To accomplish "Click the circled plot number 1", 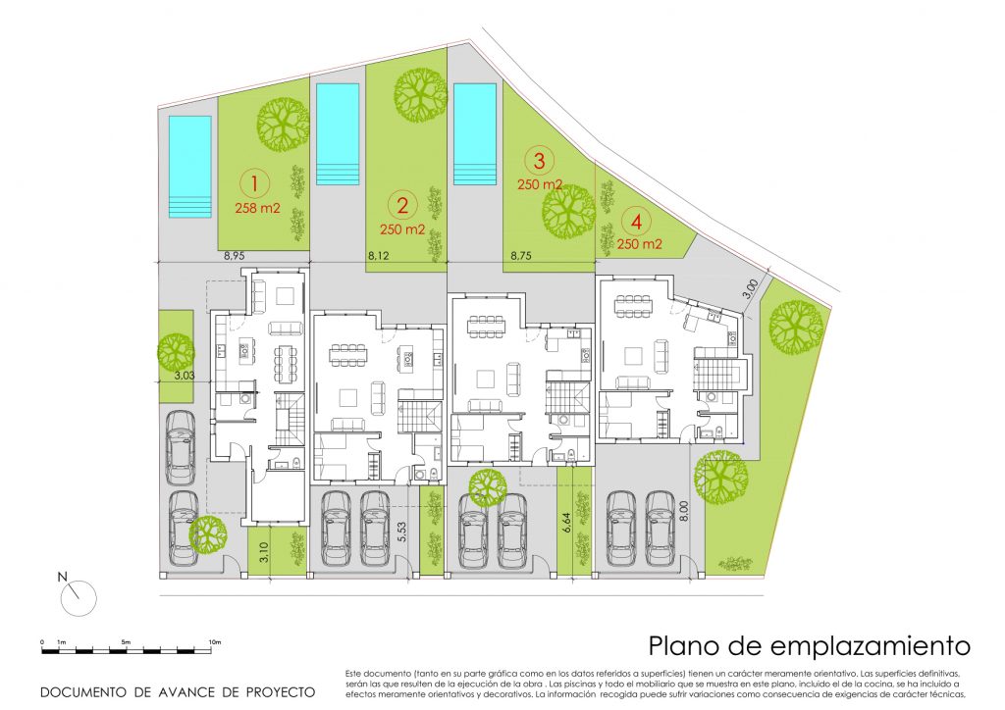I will [x=254, y=182].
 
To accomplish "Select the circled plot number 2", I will [x=401, y=205].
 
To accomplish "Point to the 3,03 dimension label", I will [x=185, y=374].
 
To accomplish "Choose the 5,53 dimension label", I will [x=401, y=532].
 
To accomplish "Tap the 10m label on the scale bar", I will [x=216, y=642].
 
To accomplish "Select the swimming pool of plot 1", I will [x=189, y=166].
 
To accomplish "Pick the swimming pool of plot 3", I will [x=475, y=132].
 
